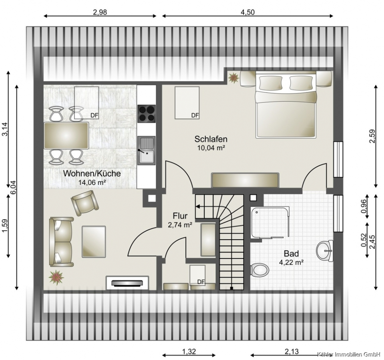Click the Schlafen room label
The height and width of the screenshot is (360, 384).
click(x=211, y=139)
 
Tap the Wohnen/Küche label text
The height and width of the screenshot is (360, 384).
click(x=92, y=173)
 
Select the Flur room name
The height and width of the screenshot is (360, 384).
click(x=180, y=216)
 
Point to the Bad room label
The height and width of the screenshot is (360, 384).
click(x=291, y=254)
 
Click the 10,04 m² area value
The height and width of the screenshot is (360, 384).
click(x=211, y=148)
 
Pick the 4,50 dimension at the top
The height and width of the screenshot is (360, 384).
click(x=247, y=12)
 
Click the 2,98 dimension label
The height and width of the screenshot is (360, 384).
click(x=100, y=12)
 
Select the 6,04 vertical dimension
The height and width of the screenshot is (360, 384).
click(x=13, y=188)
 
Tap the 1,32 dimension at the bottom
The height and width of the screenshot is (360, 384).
click(x=189, y=352)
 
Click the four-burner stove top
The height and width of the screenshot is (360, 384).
click(x=147, y=114)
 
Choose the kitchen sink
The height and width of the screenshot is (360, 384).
click(x=146, y=150)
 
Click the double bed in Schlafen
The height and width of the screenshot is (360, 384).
click(x=286, y=104)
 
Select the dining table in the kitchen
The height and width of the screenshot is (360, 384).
click(x=66, y=136)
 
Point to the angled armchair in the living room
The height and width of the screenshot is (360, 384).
click(x=85, y=203)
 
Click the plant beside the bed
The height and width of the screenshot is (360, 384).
click(x=233, y=78)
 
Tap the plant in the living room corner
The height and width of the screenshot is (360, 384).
click(x=56, y=277)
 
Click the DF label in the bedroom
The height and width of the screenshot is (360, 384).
click(x=195, y=115)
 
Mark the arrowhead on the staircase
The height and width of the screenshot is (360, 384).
click(x=197, y=207)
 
